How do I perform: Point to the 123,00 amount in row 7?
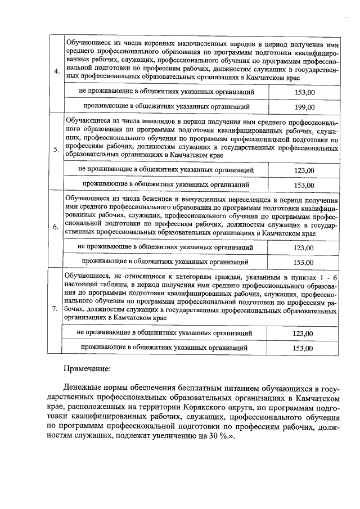[303, 334]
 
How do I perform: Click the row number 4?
[56, 71]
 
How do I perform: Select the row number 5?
[56, 150]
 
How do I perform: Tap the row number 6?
[55, 227]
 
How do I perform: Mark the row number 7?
[55, 309]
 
